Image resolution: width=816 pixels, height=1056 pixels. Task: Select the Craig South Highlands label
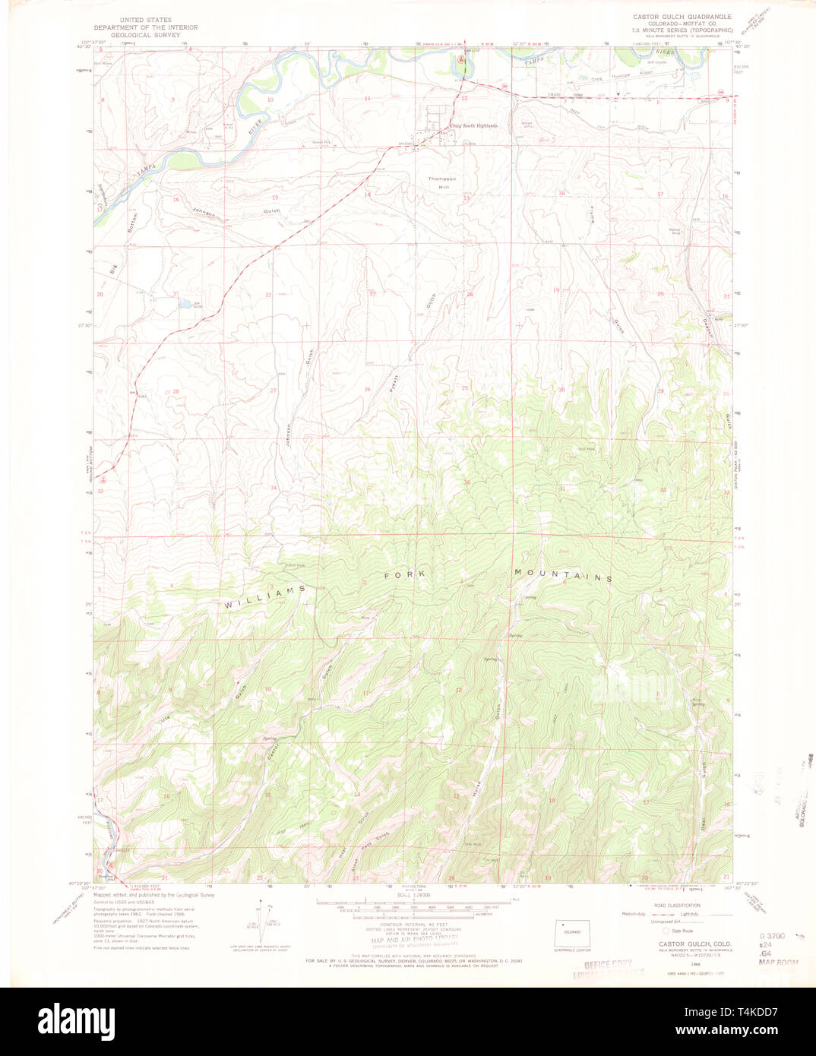(x=473, y=126)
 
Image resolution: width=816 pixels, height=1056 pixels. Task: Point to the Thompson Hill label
(x=441, y=182)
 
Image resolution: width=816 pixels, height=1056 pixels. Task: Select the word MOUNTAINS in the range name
(x=562, y=575)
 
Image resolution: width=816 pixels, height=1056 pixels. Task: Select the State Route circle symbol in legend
(x=667, y=930)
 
